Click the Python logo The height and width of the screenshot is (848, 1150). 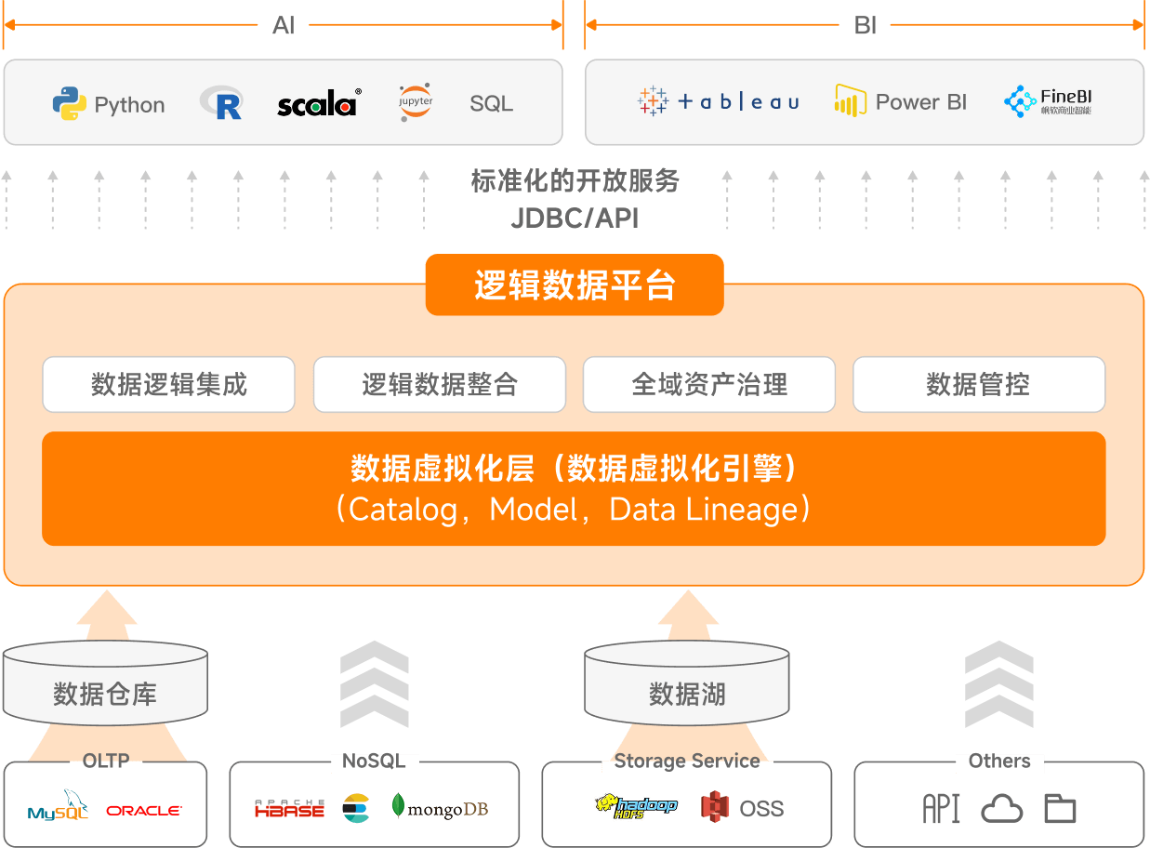70,103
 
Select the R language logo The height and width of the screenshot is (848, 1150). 222,103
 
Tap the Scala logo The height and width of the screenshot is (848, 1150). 318,103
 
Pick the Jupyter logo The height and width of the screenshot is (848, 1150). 416,101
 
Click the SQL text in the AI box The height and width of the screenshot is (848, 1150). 491,104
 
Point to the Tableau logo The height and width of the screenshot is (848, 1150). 719,101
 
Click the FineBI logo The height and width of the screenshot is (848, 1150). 1049,101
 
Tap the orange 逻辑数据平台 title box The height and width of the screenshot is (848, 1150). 575,285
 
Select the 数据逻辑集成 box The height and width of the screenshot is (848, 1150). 168,384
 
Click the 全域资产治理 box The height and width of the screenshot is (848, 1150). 709,384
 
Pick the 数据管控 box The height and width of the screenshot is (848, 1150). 979,384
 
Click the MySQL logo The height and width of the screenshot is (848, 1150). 58,809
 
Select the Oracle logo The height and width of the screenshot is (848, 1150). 143,811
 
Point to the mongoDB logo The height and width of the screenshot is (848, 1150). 441,809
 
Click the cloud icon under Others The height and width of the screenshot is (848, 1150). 1002,809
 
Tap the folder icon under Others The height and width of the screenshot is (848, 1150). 1060,809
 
